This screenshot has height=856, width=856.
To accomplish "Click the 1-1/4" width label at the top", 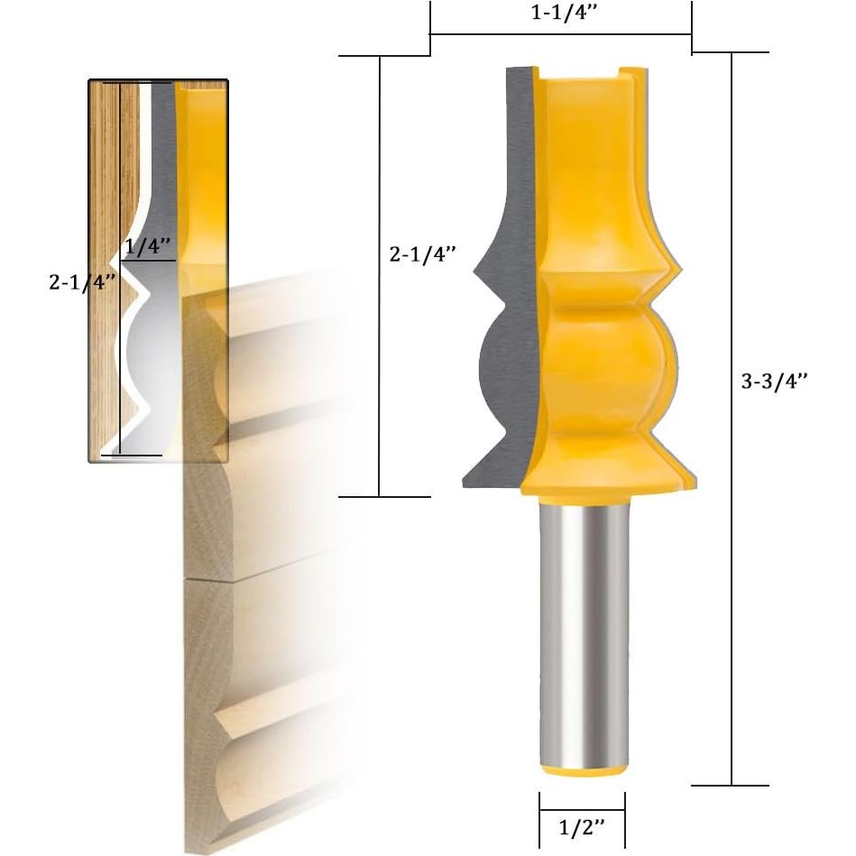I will click(x=560, y=14).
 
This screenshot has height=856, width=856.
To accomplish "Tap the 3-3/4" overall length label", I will click(x=773, y=381).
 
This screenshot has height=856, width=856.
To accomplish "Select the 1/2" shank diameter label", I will click(x=581, y=826).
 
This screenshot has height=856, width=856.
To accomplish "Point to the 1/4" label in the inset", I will click(x=148, y=246).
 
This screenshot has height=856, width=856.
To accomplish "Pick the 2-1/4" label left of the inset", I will click(x=82, y=281).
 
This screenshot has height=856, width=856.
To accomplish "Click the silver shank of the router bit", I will click(x=582, y=631).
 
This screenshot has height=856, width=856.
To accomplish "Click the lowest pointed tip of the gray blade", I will click(x=467, y=483).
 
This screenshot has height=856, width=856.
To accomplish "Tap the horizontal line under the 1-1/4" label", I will click(x=560, y=34).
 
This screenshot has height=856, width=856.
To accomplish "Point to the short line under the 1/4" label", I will click(x=147, y=261).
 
